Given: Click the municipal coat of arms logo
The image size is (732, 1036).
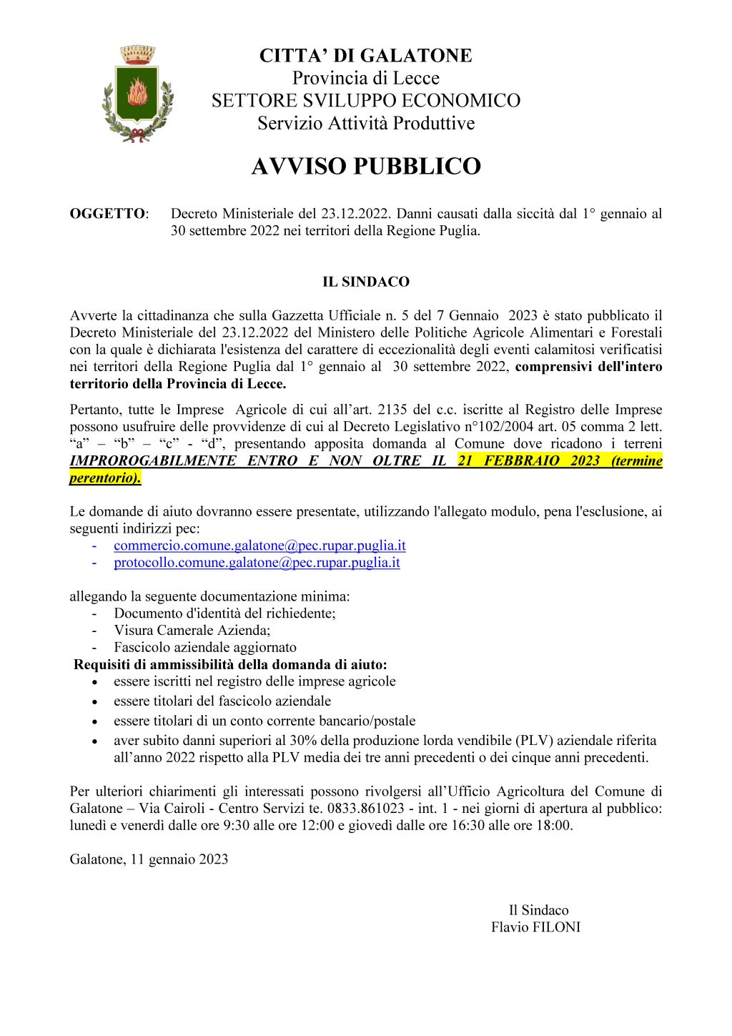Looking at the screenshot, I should (138, 94).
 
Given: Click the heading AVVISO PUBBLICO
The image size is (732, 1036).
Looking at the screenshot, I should (365, 166).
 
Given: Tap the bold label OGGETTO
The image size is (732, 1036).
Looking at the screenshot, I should (107, 214).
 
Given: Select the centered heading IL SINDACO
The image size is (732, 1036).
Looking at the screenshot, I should (365, 282).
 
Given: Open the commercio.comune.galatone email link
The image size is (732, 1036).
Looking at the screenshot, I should (259, 546).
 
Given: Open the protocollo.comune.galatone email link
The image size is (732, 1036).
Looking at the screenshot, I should (257, 563).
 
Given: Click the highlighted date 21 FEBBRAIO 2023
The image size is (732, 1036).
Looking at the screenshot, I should (528, 460).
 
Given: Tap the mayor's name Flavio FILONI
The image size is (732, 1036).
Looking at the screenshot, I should (535, 927).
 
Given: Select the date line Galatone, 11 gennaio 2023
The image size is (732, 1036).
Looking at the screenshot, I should (149, 859).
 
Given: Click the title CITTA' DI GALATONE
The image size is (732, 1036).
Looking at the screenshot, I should (365, 56).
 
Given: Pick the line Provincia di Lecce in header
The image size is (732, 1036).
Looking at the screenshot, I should (365, 78).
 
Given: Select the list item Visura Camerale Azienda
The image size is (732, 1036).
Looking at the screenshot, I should (192, 631).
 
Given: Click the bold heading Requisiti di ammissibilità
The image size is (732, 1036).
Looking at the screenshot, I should (230, 665).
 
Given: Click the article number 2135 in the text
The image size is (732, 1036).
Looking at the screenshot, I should (392, 410).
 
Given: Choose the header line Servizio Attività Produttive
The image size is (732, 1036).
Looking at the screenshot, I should (365, 123).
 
